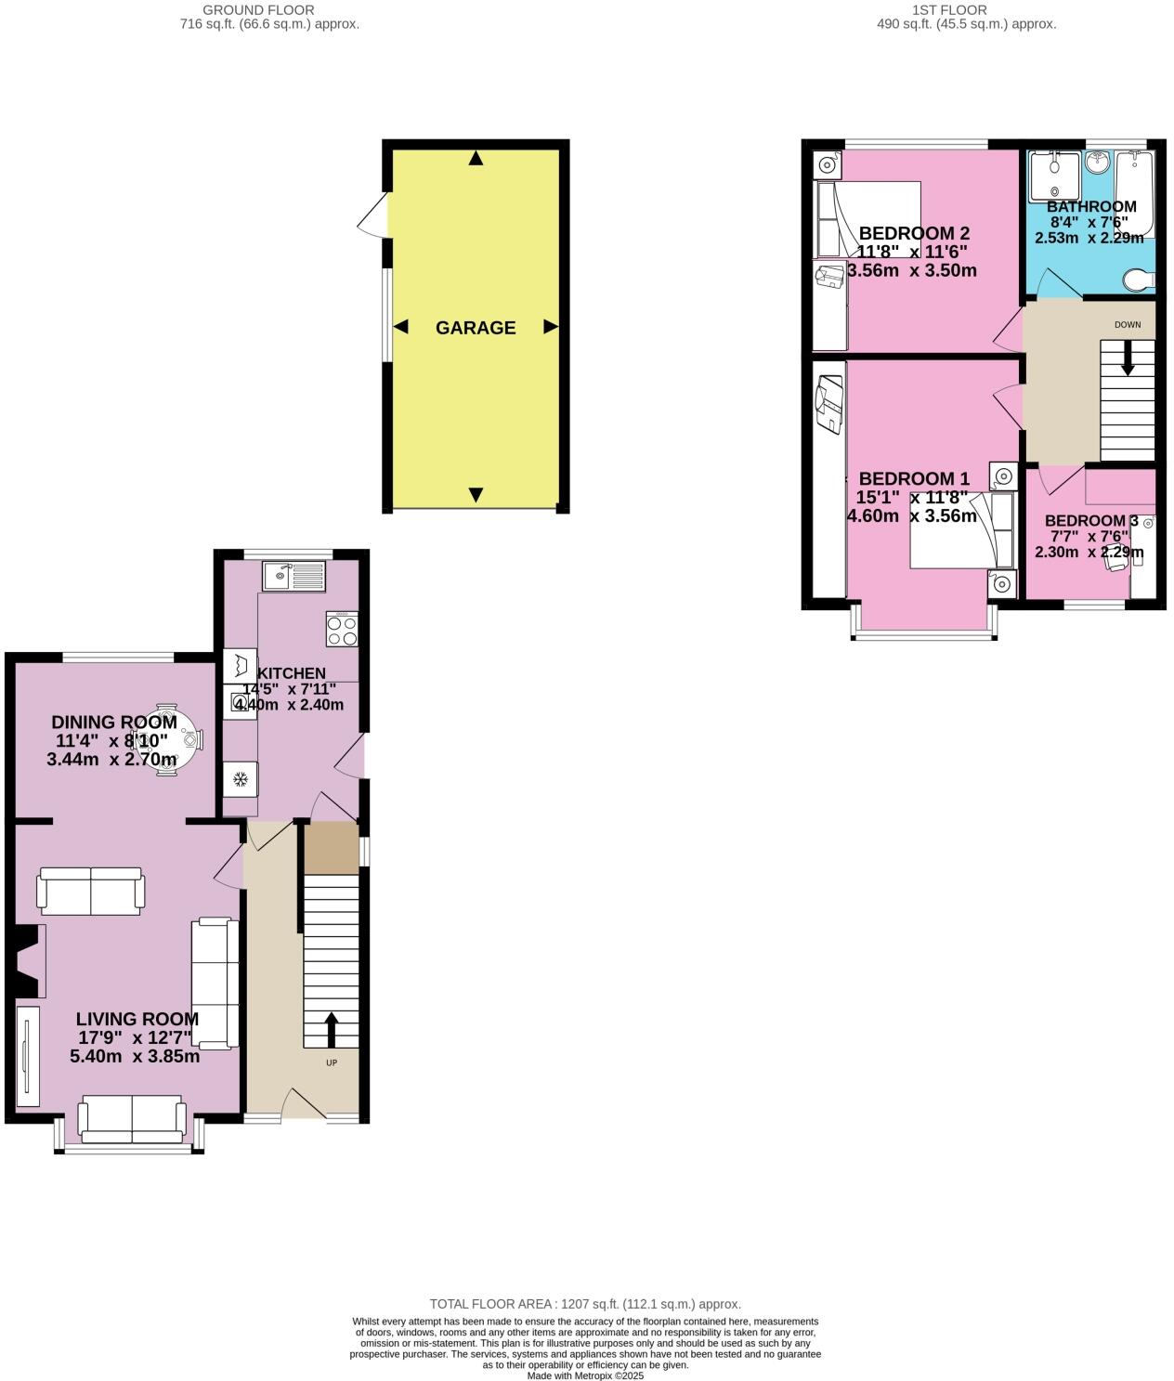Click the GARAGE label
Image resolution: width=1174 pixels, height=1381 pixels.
476,327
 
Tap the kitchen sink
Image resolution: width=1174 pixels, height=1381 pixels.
293,577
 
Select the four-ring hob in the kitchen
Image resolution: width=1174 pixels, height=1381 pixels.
342,628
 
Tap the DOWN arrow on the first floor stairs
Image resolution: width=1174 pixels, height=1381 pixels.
1128,358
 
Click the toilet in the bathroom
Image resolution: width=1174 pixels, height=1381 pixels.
1139,278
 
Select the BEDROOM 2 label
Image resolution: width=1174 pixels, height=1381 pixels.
907,233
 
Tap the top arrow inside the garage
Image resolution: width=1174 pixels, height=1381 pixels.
476,159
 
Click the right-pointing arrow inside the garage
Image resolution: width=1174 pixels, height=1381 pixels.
551,327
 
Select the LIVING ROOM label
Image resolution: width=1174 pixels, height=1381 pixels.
137,1019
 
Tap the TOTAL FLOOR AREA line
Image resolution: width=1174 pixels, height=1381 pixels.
585,1304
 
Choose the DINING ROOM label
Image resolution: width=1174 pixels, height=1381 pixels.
114,722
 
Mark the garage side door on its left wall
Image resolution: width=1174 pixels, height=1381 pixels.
376,215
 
